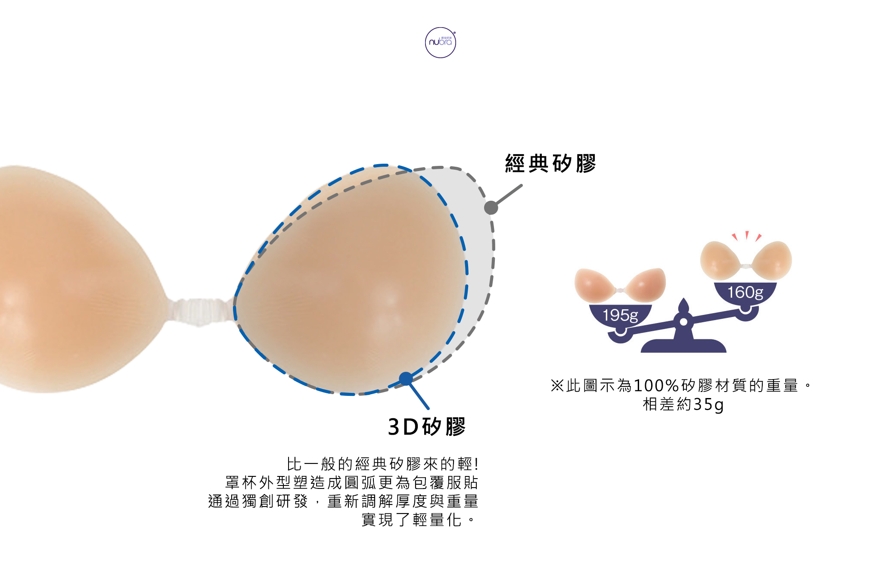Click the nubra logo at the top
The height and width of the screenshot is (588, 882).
pos(440,43)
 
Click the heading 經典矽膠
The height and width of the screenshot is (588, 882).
pos(550,164)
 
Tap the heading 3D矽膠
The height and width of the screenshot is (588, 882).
pos(427,427)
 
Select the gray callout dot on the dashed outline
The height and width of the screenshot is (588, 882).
pos(491,208)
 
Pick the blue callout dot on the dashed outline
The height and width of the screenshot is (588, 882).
pos(406,379)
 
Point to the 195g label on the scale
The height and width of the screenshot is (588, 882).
pos(620,315)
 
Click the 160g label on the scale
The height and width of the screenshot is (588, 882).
pos(745,292)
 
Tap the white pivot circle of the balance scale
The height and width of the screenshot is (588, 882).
pos(683,322)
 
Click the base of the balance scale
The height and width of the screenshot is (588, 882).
pos(683,346)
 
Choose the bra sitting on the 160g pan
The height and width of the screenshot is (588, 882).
pos(746,261)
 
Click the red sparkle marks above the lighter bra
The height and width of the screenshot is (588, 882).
pos(747,236)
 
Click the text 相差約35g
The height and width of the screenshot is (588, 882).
pos(683,404)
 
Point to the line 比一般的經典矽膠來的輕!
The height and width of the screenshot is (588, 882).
pos(382,464)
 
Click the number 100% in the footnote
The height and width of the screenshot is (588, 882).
pos(656,386)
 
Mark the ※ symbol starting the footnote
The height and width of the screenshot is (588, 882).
pos(557,386)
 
